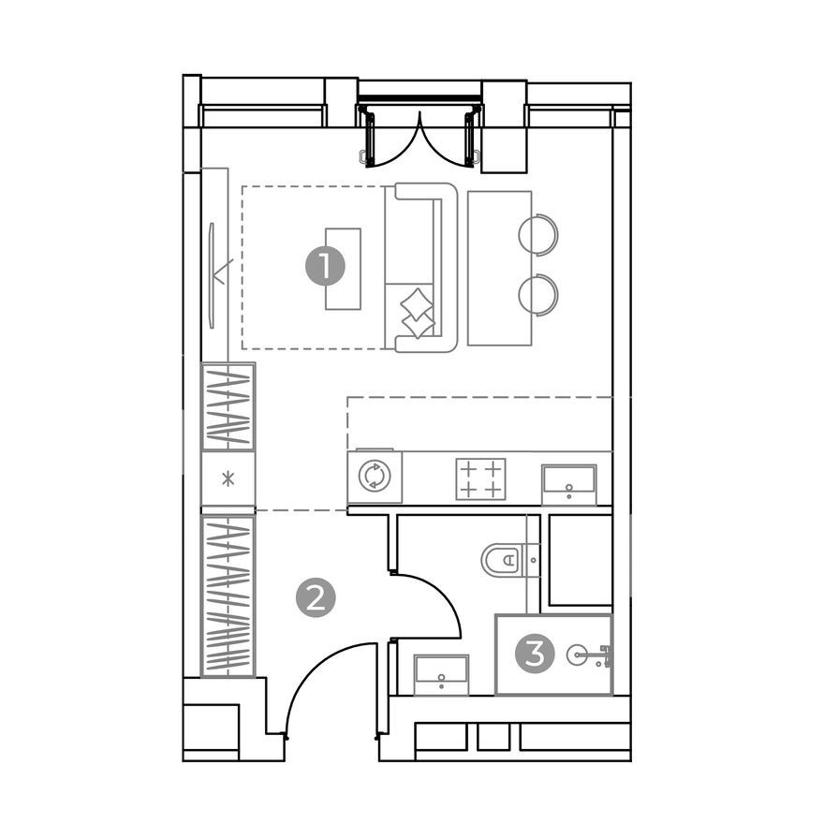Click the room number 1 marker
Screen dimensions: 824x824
324,267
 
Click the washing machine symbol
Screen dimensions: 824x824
374,477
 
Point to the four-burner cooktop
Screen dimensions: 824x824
480,478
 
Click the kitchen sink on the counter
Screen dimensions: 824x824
568,484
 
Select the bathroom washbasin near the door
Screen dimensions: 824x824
441,673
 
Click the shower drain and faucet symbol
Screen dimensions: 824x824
590,655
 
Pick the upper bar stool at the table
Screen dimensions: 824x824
539,234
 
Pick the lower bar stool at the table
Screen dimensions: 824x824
539,294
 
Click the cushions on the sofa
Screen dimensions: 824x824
418,313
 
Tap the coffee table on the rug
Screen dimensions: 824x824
343,268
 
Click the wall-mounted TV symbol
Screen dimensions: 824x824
214,273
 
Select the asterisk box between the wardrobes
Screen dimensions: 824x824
228,481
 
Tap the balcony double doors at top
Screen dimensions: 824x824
420,136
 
